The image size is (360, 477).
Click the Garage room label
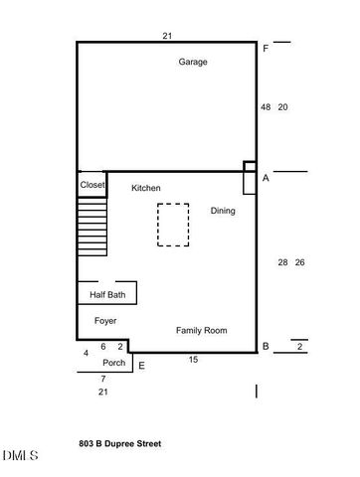[x=193, y=62]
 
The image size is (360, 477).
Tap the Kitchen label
[x=146, y=188]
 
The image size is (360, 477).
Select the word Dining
[x=223, y=211]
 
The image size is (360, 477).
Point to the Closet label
[x=92, y=185]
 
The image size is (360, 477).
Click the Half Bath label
[x=106, y=295]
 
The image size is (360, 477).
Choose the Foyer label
[x=105, y=321]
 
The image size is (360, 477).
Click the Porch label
[x=114, y=363]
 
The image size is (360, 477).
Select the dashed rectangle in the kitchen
[x=173, y=225]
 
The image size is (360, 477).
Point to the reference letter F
[x=266, y=49]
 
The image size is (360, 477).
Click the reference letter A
[x=266, y=178]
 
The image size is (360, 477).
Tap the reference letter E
[x=141, y=367]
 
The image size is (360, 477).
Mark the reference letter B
[x=266, y=346]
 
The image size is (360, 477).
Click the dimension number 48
[x=266, y=106]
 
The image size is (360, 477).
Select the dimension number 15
[x=193, y=359]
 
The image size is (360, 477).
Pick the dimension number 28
[x=282, y=262]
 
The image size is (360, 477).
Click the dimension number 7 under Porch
[x=102, y=380]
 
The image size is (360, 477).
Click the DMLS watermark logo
[x=20, y=456]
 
